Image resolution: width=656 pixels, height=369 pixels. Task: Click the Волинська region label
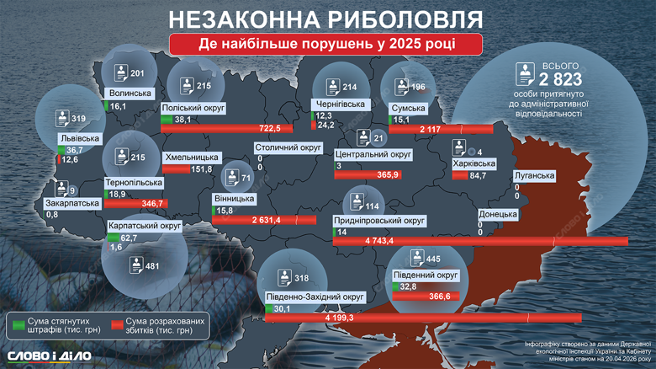click(x=130, y=94)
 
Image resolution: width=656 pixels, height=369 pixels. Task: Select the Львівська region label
click(x=80, y=137)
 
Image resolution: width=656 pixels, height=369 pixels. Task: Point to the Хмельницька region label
click(x=193, y=158)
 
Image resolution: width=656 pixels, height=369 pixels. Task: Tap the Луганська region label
click(x=534, y=175)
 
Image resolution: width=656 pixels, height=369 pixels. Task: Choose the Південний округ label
click(x=426, y=275)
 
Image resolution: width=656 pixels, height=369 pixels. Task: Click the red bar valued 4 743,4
click(x=480, y=242)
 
